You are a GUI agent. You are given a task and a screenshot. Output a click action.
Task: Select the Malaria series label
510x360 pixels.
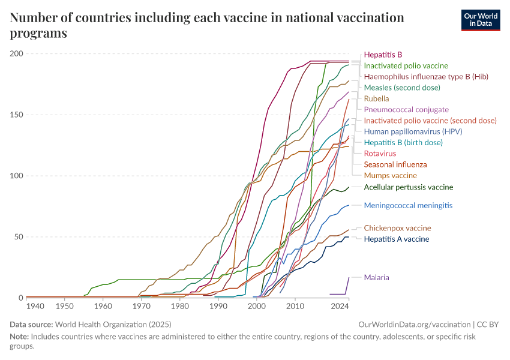[x=377, y=277]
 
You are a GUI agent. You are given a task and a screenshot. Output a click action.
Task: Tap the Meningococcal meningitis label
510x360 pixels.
[x=408, y=205]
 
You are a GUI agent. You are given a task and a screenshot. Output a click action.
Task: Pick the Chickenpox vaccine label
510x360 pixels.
[x=397, y=228]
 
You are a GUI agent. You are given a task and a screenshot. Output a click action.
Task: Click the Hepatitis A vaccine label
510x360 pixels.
[x=397, y=239]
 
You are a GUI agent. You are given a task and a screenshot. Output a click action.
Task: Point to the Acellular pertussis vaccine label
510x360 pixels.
[x=409, y=187]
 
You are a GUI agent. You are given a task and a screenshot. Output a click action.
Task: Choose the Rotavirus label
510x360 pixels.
[x=380, y=154]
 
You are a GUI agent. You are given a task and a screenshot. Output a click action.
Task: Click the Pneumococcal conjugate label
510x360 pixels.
[x=406, y=109]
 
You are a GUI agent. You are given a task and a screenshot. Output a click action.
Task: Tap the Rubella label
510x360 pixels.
[x=376, y=98]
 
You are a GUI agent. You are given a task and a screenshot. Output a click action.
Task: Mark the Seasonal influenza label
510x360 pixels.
[x=395, y=164]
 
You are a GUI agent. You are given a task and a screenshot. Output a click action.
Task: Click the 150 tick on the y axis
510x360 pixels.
[x=16, y=115]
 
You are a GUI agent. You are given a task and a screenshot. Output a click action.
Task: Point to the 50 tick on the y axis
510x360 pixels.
[x=18, y=237]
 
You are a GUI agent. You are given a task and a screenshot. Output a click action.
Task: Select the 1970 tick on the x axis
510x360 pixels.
[x=142, y=307]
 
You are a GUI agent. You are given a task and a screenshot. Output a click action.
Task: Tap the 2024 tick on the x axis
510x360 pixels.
[x=340, y=307]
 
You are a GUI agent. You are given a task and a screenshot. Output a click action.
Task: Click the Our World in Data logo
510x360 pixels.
[x=480, y=19]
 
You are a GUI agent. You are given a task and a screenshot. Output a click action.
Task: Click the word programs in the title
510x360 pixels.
[x=38, y=34]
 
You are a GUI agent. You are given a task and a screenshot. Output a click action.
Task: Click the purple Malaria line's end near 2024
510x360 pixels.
[x=349, y=278]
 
